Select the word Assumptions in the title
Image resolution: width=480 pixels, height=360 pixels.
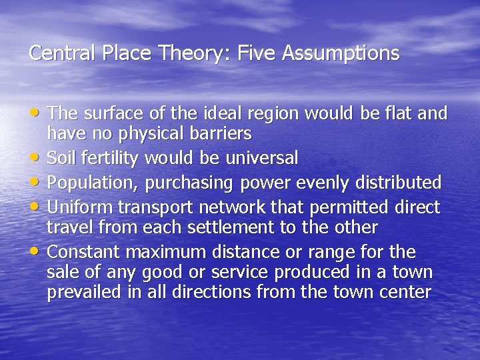click(x=341, y=53)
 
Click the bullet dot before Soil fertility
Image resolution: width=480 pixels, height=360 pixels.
click(x=38, y=157)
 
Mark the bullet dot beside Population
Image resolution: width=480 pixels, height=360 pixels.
click(x=38, y=181)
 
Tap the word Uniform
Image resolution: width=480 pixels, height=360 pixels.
click(x=81, y=207)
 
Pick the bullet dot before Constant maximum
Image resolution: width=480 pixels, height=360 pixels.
click(x=38, y=251)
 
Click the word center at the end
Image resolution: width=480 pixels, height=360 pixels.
click(x=408, y=292)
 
